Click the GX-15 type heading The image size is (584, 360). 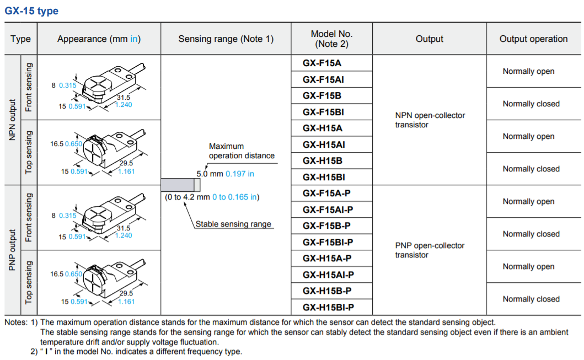click(31, 11)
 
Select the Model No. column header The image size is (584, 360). click(331, 39)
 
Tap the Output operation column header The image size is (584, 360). click(533, 39)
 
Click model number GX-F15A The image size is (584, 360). click(322, 63)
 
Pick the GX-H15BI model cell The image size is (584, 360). click(324, 177)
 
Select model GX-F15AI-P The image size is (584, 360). click(328, 209)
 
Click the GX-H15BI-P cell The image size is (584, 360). click(328, 307)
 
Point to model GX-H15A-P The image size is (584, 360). click(327, 258)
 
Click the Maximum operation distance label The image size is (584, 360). click(242, 151)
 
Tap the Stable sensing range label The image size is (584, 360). click(233, 224)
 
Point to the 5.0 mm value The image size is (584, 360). click(210, 174)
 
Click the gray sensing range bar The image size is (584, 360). click(175, 185)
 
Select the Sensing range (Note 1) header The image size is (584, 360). click(226, 39)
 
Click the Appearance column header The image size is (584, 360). click(99, 39)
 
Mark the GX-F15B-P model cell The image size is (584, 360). click(327, 225)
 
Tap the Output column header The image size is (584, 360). click(429, 39)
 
